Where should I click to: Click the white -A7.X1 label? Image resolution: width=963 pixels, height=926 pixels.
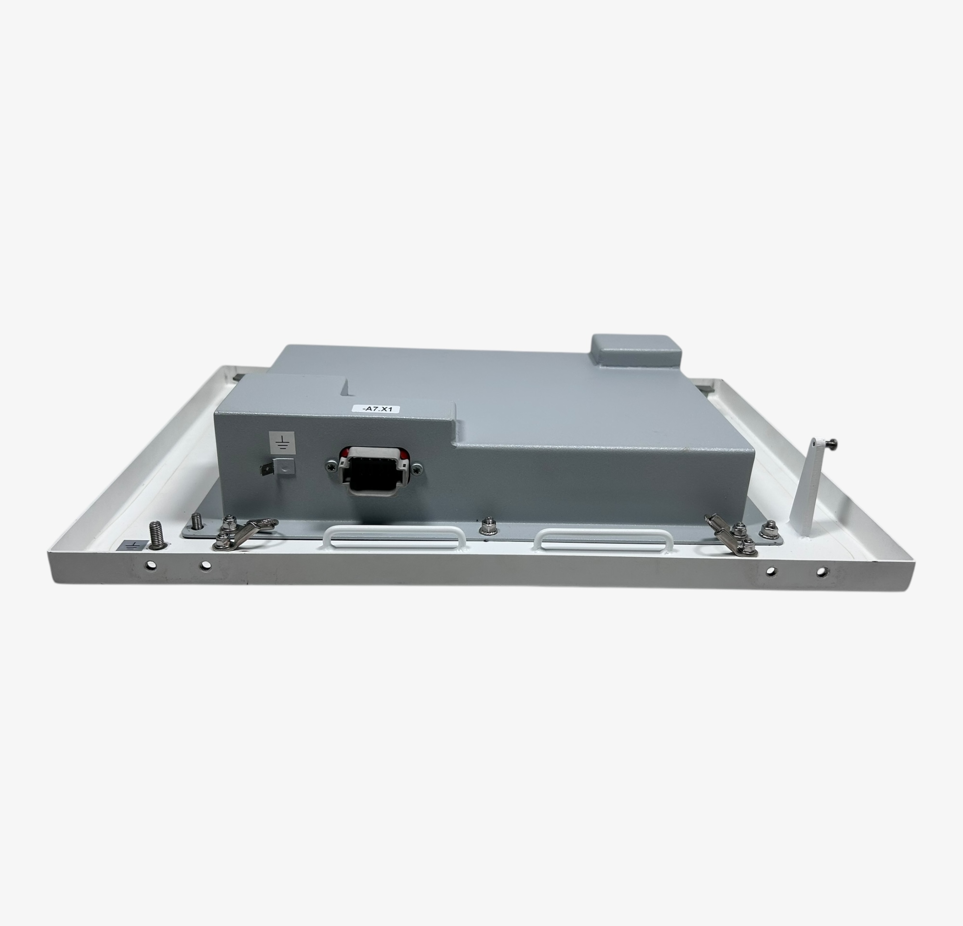pos(376,409)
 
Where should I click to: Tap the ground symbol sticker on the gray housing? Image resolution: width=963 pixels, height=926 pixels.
pos(282,442)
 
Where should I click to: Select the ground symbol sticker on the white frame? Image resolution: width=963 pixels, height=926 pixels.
pos(131,544)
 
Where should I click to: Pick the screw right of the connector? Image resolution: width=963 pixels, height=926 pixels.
pos(417,469)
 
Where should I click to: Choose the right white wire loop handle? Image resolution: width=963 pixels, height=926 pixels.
pos(603,539)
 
